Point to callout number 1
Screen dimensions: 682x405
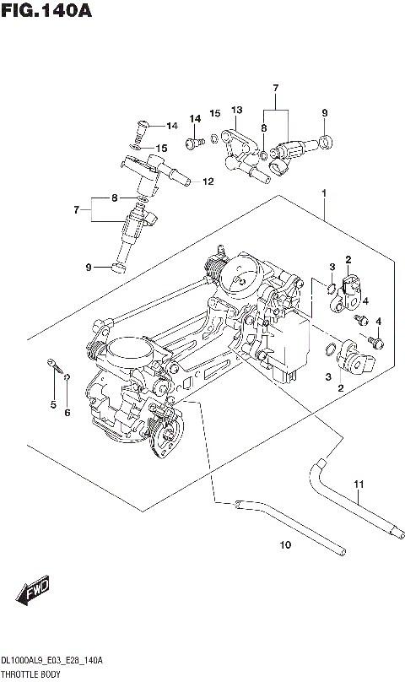point(322,193)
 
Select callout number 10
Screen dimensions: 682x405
point(284,545)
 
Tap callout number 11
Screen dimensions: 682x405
point(358,484)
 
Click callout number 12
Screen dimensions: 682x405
point(208,181)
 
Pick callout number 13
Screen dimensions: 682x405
point(236,110)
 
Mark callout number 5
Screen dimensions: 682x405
point(52,405)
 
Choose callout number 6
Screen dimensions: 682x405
point(67,412)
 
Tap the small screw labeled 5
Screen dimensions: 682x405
point(54,365)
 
